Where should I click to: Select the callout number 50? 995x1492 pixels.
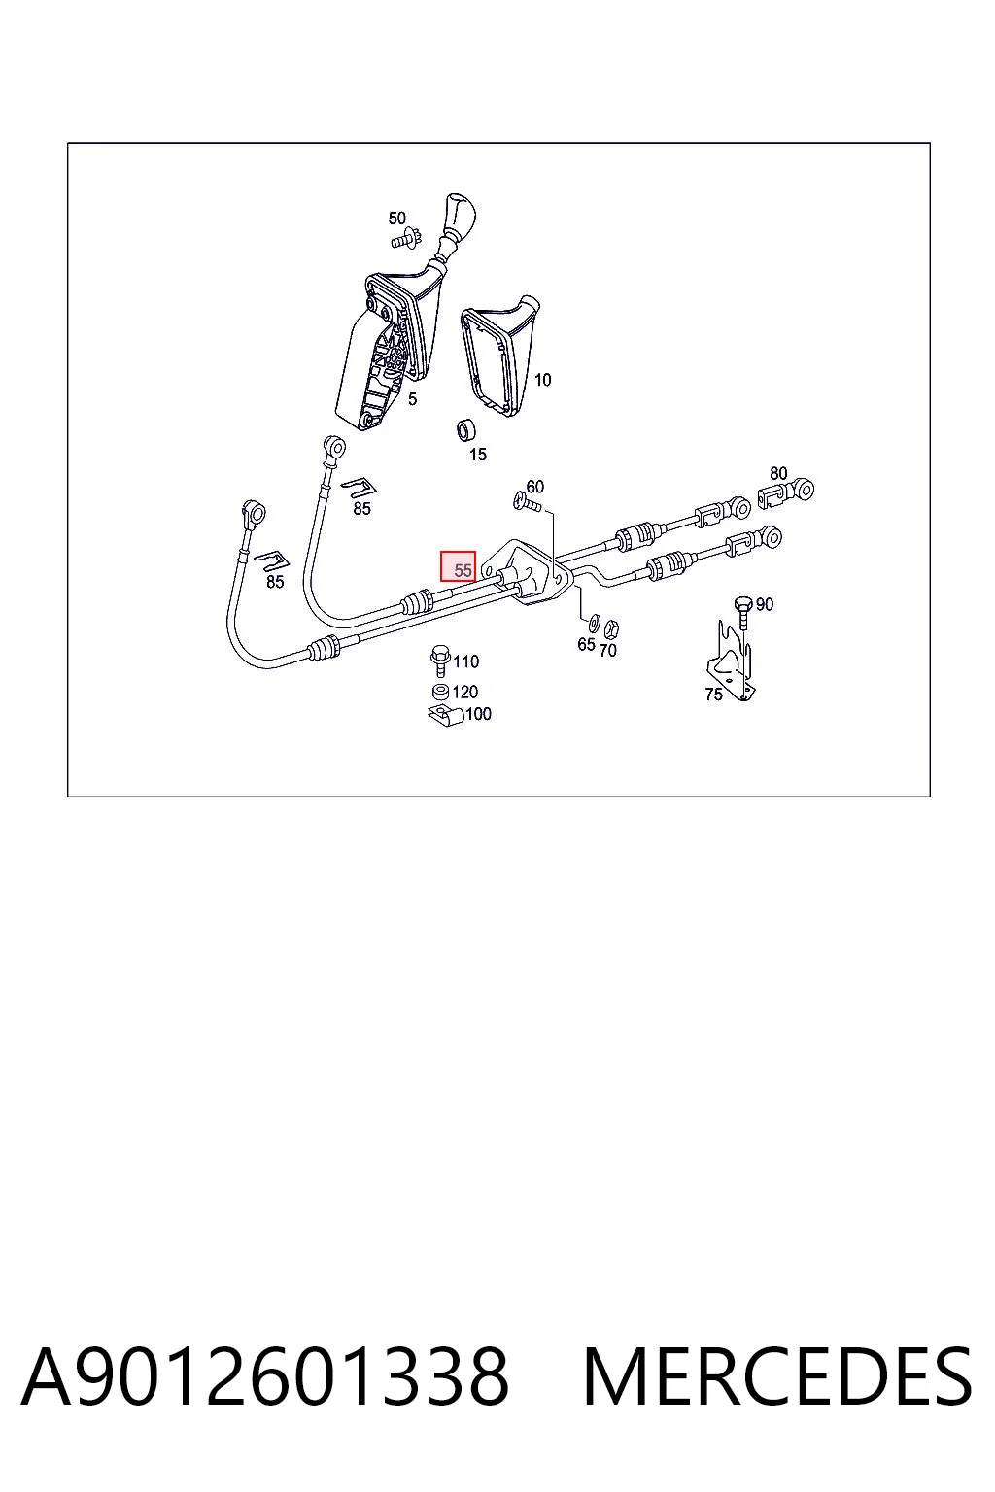[396, 219]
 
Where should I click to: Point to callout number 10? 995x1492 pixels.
[542, 380]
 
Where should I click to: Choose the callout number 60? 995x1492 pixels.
[534, 487]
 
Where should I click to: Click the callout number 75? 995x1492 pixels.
[713, 695]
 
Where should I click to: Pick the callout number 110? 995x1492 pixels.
[465, 661]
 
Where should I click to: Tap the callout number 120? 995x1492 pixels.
[464, 692]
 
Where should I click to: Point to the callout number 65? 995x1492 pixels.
[586, 644]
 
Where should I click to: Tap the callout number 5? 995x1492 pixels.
[413, 399]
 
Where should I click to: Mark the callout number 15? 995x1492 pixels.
[478, 455]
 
